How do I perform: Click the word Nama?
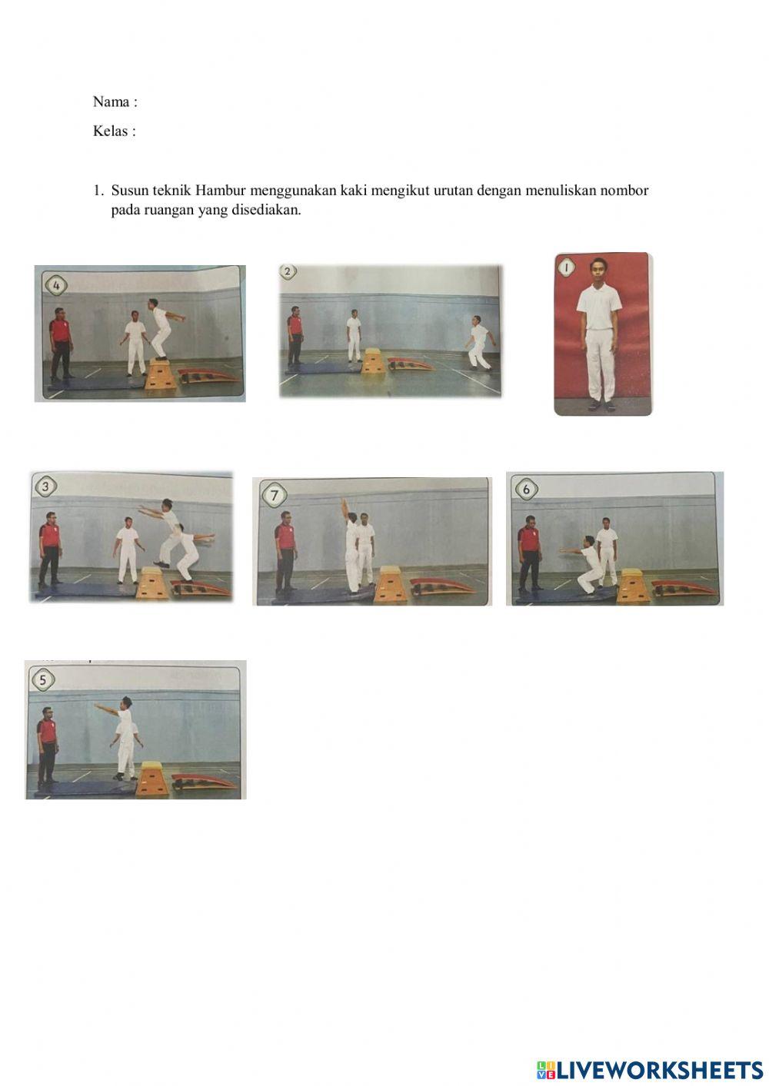111,101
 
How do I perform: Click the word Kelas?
111,131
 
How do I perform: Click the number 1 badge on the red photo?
566,267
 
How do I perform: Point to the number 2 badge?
288,271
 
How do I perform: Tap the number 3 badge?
45,487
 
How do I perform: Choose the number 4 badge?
56,286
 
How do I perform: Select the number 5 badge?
43,680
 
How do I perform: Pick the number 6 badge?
526,490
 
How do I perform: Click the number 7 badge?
275,496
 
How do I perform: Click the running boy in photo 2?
478,343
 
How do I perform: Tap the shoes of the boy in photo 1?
601,405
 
